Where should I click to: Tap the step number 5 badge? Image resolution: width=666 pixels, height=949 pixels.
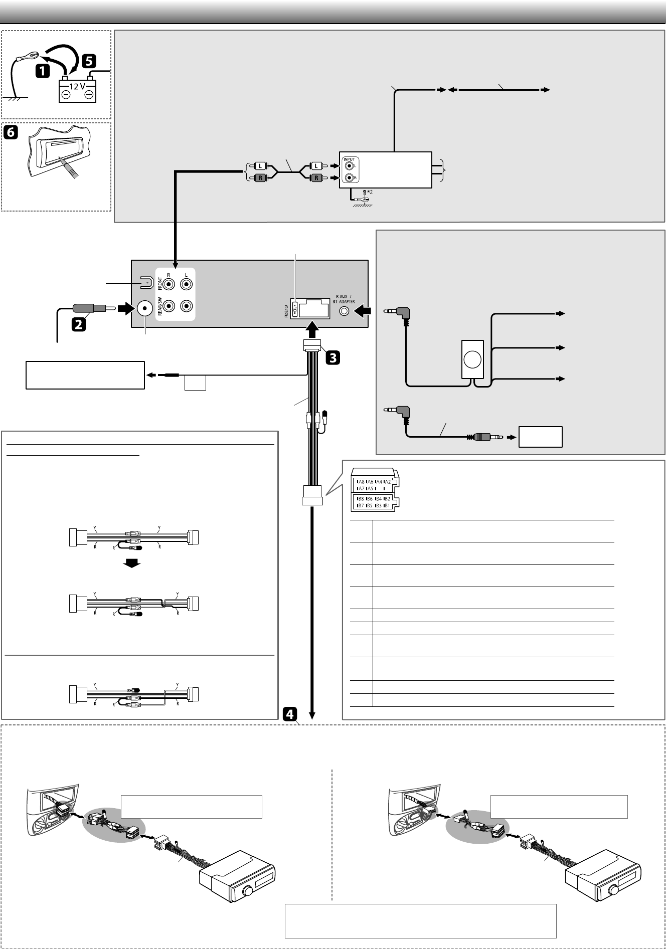88,61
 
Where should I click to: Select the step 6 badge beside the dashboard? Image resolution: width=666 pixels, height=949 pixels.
11,132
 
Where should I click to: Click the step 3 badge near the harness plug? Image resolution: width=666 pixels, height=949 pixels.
332,357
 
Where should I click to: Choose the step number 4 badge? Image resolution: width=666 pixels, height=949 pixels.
290,713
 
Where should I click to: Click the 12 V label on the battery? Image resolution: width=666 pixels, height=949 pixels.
77,86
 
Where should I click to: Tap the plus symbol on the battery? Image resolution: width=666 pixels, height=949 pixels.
89,95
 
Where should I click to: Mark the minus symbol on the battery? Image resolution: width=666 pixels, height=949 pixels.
65,95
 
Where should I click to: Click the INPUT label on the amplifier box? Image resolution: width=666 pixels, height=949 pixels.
349,159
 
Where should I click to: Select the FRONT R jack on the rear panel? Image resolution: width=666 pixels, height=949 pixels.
169,285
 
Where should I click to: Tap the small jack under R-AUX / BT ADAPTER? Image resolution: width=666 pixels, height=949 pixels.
344,311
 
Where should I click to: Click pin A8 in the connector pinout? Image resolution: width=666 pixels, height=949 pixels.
360,481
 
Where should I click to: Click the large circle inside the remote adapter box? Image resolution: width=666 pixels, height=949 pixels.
472,359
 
